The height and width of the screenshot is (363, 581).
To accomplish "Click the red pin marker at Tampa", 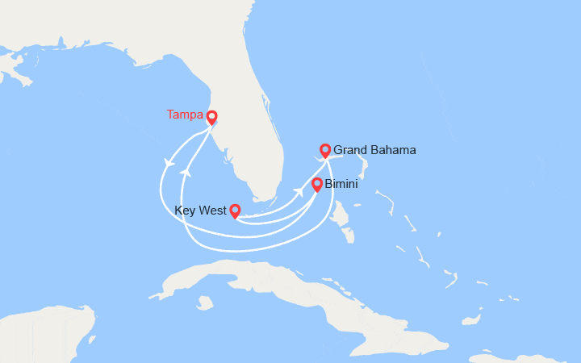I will [x=211, y=117].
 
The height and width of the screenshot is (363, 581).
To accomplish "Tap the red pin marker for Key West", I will [x=235, y=211].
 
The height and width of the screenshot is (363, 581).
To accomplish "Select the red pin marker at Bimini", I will [x=317, y=184].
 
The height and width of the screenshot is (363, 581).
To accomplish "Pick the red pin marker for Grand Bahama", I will [x=325, y=149].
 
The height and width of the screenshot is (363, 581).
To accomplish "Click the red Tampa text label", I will [x=185, y=115].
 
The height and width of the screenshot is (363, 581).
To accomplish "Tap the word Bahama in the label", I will [x=395, y=150].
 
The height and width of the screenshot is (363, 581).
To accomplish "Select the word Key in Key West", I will [x=186, y=212].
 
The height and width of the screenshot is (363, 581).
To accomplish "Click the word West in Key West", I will [x=211, y=212].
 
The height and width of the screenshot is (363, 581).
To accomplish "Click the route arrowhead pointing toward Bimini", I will [x=299, y=190].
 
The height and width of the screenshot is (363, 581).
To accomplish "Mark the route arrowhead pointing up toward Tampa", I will [x=186, y=172].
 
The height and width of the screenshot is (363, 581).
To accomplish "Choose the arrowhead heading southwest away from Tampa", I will [x=169, y=163].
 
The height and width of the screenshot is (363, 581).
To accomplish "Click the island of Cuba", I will [x=282, y=290].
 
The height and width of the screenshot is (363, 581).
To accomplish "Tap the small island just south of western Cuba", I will [x=205, y=303].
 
